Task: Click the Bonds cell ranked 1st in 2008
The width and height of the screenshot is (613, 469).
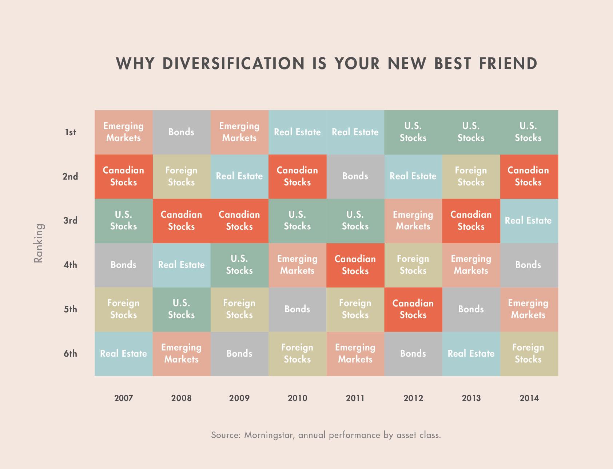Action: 181,132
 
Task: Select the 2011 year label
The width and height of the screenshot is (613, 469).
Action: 355,398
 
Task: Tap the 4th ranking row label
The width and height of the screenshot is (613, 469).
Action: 70,265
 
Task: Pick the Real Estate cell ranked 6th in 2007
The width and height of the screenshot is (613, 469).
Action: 123,353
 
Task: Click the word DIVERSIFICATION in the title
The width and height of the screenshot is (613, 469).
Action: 233,63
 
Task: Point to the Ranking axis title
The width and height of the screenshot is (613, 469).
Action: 38,243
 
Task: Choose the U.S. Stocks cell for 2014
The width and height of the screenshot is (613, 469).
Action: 529,132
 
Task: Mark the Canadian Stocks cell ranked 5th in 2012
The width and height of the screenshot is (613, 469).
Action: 413,309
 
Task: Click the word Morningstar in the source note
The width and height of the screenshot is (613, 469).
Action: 268,435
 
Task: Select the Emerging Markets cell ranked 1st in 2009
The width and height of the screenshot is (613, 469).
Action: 239,132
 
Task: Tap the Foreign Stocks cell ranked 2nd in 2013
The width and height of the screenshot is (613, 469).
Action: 471,176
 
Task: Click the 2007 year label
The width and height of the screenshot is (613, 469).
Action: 123,398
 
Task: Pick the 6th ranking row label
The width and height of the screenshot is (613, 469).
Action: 70,353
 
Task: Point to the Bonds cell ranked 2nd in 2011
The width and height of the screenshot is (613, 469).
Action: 355,176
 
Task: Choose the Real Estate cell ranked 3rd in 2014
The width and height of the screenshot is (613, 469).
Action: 529,221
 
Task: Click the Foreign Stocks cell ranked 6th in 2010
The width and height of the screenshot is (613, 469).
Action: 297,353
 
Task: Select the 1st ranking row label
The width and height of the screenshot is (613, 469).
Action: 70,132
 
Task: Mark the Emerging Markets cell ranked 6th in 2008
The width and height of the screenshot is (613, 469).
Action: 181,353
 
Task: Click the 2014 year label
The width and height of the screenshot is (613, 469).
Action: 529,398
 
